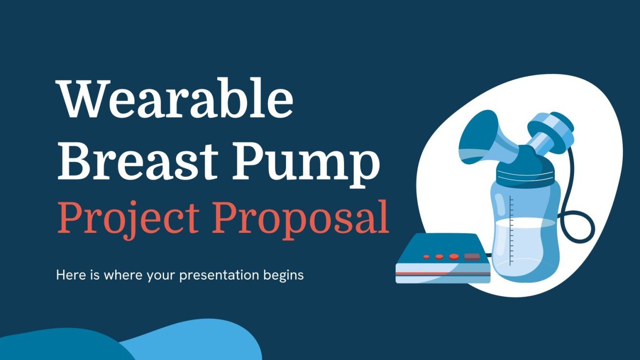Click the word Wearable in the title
pyautogui.click(x=176, y=98)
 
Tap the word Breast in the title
pyautogui.click(x=138, y=161)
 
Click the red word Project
pyautogui.click(x=129, y=219)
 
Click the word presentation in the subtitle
pyautogui.click(x=219, y=276)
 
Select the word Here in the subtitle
pyautogui.click(x=70, y=275)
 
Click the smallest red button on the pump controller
pyautogui.click(x=426, y=257)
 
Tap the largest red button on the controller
pyautogui.click(x=454, y=256)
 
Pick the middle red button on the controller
pyautogui.click(x=439, y=257)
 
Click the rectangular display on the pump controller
pyautogui.click(x=472, y=256)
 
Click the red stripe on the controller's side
pyautogui.click(x=443, y=273)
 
